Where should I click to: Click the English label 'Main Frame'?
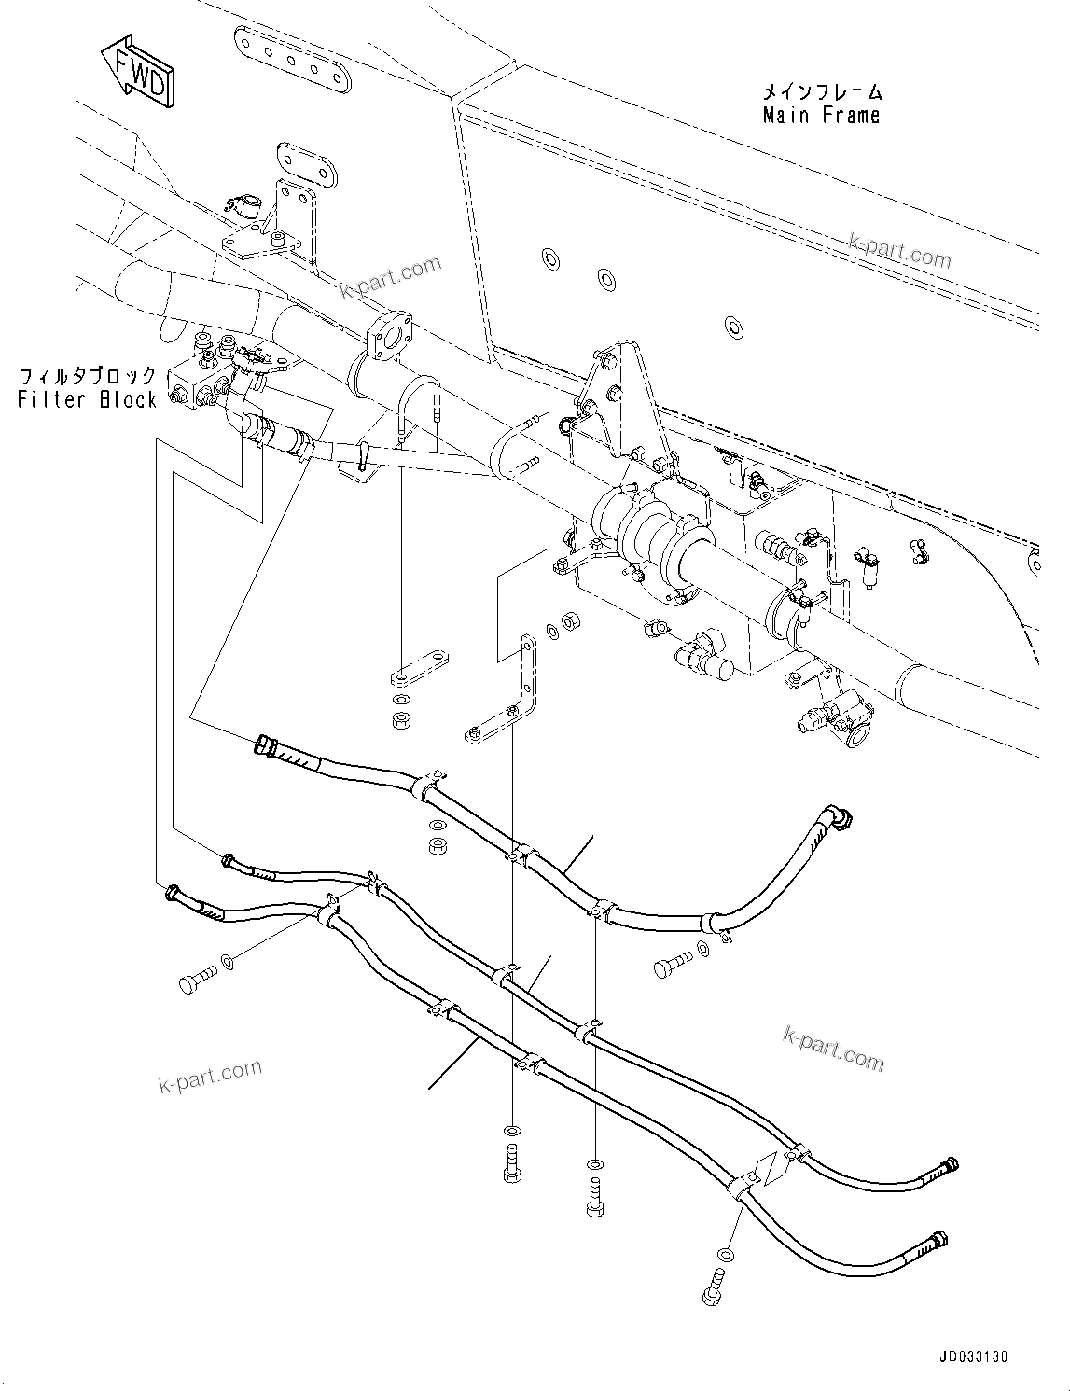(821, 116)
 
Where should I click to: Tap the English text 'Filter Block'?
(88, 399)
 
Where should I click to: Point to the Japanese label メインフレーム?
(821, 92)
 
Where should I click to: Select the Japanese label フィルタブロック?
(88, 377)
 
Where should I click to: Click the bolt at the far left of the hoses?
(194, 981)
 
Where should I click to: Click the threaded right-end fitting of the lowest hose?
(936, 1242)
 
